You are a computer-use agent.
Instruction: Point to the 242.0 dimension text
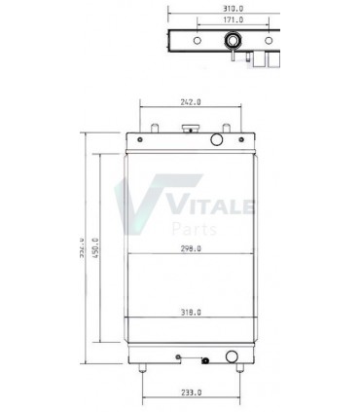point(191,100)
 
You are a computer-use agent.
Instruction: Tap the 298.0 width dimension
point(191,249)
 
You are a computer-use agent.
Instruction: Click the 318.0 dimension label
point(191,312)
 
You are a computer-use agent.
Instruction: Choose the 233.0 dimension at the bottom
point(192,392)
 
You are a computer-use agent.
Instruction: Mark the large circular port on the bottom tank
point(232,355)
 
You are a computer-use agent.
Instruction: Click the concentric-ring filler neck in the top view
point(234,41)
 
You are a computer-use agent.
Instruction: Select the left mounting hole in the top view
point(197,40)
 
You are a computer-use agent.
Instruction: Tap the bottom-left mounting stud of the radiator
point(142,367)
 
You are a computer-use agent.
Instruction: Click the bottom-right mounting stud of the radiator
point(238,367)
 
